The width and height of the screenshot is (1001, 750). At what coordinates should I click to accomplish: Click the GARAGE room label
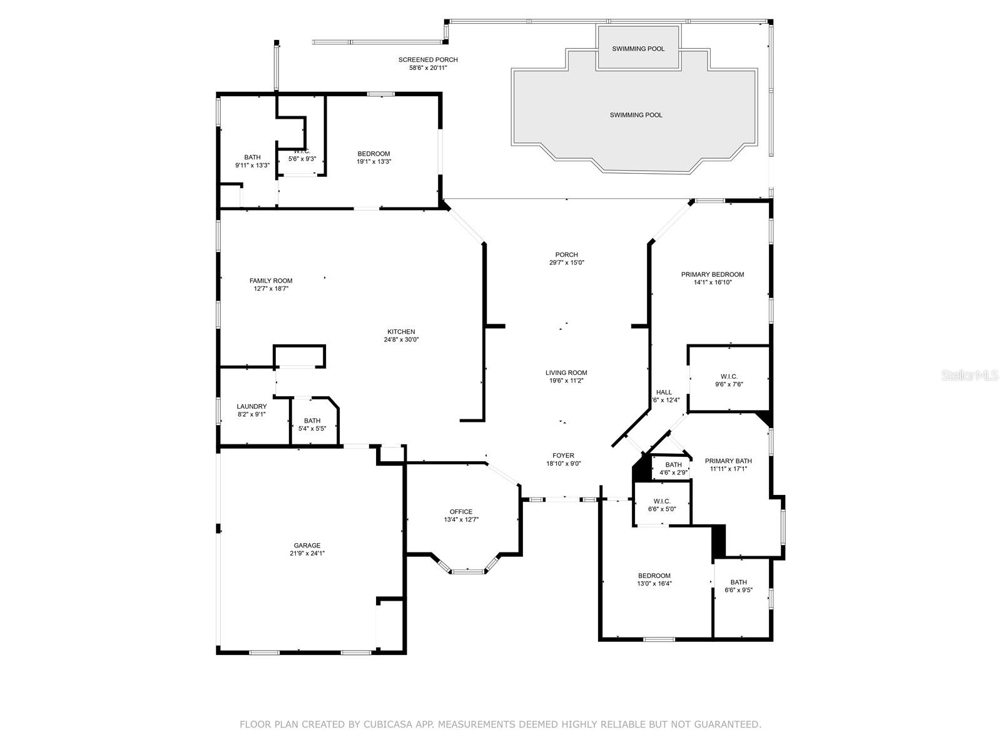(307, 545)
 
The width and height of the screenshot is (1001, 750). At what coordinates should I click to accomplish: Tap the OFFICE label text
(460, 511)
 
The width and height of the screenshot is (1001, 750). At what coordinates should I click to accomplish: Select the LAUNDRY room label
(252, 406)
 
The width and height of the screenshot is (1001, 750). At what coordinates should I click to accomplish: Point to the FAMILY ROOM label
(271, 281)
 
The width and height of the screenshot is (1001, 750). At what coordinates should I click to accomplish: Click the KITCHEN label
(401, 331)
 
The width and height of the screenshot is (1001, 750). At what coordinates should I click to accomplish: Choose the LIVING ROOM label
(566, 372)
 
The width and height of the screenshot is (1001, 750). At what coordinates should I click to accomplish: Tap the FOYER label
(562, 456)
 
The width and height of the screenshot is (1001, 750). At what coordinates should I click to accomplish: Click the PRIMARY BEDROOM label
(713, 274)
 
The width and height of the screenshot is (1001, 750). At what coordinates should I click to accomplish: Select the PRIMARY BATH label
(728, 461)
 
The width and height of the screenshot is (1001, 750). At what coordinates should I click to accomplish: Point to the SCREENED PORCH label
(428, 59)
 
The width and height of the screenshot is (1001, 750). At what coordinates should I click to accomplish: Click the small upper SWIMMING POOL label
(638, 49)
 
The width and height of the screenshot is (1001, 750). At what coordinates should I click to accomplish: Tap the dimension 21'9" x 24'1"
(307, 553)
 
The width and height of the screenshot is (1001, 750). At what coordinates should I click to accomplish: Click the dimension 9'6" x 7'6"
(729, 384)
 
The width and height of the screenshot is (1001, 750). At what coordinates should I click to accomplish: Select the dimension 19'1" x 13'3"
(373, 162)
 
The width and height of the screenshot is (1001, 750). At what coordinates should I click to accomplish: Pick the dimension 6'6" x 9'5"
(738, 590)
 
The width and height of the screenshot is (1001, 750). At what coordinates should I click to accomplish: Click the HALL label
(664, 392)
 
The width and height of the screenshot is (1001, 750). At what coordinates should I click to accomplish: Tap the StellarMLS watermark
(970, 376)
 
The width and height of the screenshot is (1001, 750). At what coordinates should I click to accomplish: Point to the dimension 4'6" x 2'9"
(673, 472)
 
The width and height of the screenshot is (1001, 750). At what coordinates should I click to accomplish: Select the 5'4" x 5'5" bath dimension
(312, 429)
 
